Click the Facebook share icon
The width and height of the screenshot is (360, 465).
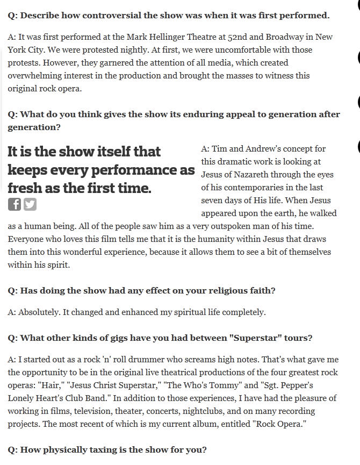15,204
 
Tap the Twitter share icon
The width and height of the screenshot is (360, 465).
30,204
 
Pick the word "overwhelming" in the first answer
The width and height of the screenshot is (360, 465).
33,76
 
